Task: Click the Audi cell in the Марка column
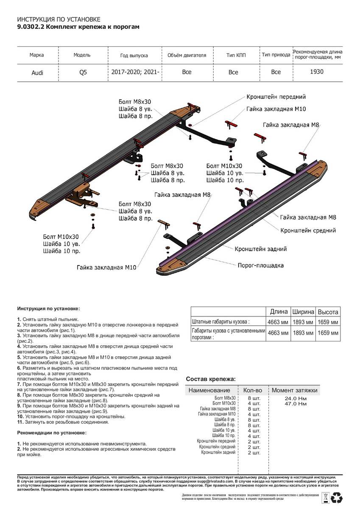(x=37, y=73)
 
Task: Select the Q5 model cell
(x=83, y=72)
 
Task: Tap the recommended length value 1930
(x=317, y=72)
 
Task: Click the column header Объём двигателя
(x=187, y=55)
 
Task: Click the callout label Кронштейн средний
(x=308, y=230)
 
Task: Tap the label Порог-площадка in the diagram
(x=260, y=266)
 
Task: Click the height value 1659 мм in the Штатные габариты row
(x=328, y=322)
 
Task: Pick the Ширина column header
(x=303, y=311)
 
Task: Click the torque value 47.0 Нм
(x=296, y=404)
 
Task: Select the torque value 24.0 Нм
(x=296, y=399)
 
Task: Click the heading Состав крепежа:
(x=211, y=379)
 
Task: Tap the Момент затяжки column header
(x=294, y=390)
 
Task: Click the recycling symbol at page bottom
(x=338, y=497)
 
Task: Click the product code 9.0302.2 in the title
(x=30, y=27)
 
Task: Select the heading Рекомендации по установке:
(x=51, y=433)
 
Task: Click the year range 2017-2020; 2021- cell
(x=136, y=72)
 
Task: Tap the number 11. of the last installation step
(x=20, y=422)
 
